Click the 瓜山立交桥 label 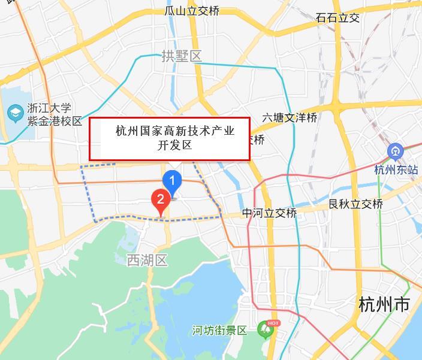(192, 11)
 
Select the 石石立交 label (338, 17)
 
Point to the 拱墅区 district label (182, 56)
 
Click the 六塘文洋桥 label (290, 118)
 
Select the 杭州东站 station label (396, 170)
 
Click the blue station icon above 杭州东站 (395, 152)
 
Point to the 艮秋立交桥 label (356, 204)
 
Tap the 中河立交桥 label (270, 214)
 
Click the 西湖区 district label (147, 260)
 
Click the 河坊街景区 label (219, 331)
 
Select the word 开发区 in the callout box (174, 145)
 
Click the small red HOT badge (273, 323)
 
